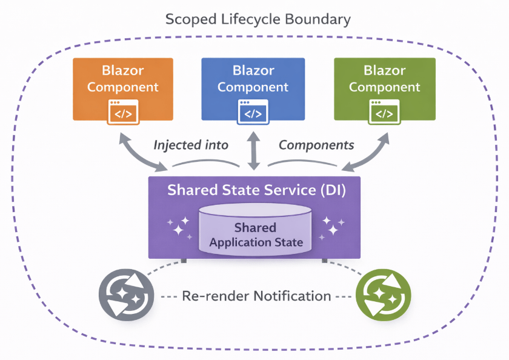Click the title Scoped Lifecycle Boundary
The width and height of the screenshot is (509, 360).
[258, 19]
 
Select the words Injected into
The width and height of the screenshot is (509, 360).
[191, 145]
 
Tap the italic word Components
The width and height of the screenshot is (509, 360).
[316, 145]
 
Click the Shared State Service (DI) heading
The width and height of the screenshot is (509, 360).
[256, 190]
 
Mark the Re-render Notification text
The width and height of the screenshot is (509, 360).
[257, 296]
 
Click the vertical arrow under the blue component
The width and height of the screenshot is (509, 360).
[254, 148]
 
